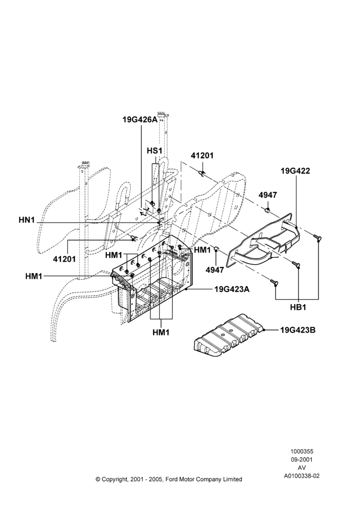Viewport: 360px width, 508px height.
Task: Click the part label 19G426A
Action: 140,119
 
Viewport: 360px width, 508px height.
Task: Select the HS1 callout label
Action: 155,151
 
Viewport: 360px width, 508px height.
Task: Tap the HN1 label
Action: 26,220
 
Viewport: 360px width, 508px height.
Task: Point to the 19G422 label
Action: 295,171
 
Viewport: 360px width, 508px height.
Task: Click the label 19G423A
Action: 232,289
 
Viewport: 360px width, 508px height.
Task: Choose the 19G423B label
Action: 298,330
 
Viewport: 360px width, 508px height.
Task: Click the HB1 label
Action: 298,307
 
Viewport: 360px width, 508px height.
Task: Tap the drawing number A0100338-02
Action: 302,476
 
